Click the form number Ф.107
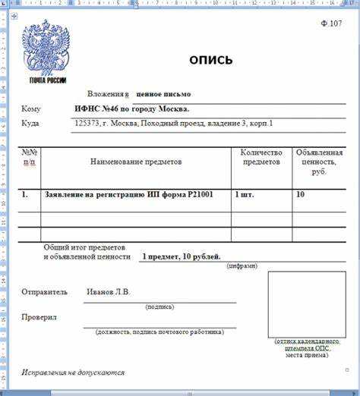[x=332, y=24]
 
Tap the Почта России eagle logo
[x=47, y=52]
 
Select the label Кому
[x=31, y=109]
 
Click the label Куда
[x=31, y=123]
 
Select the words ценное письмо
[x=163, y=94]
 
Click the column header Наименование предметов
[x=136, y=162]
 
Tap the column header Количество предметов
[x=261, y=157]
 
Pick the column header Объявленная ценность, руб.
[x=319, y=162]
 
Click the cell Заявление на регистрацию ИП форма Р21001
[x=128, y=195]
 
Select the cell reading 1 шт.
[x=245, y=195]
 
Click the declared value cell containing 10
[x=301, y=195]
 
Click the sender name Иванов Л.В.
[x=108, y=291]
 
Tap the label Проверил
[x=39, y=317]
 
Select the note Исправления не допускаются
[x=73, y=372]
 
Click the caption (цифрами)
[x=242, y=266]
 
